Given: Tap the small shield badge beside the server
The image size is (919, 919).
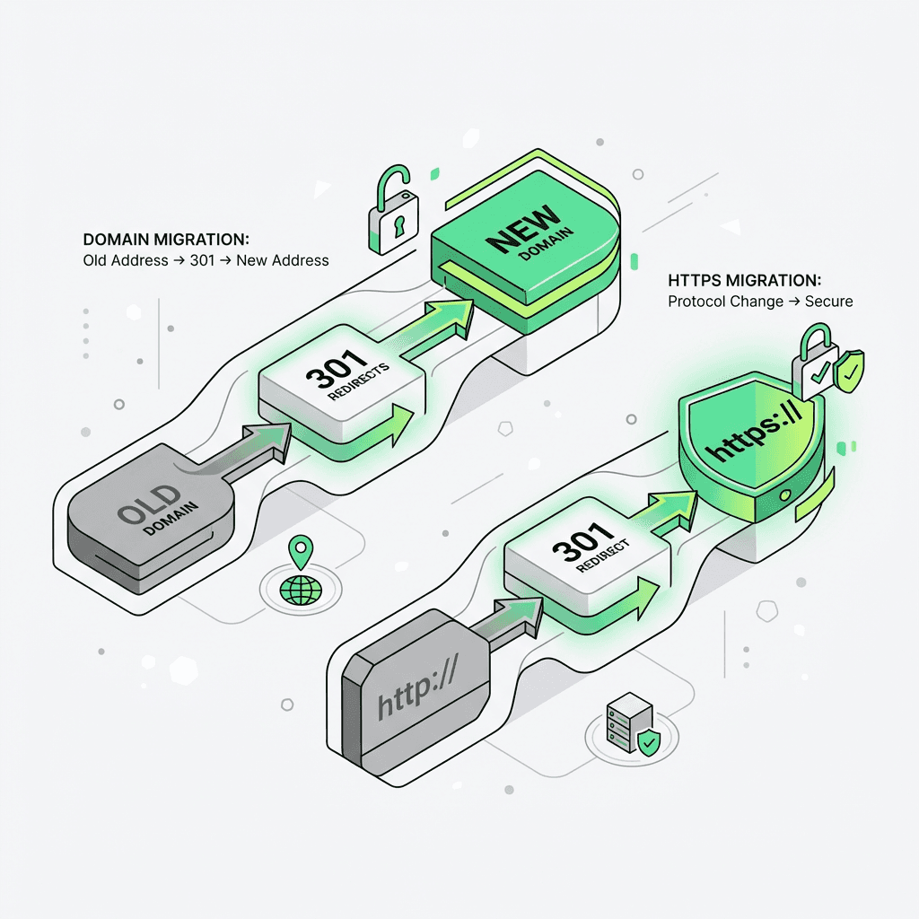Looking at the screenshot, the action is [x=647, y=743].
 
